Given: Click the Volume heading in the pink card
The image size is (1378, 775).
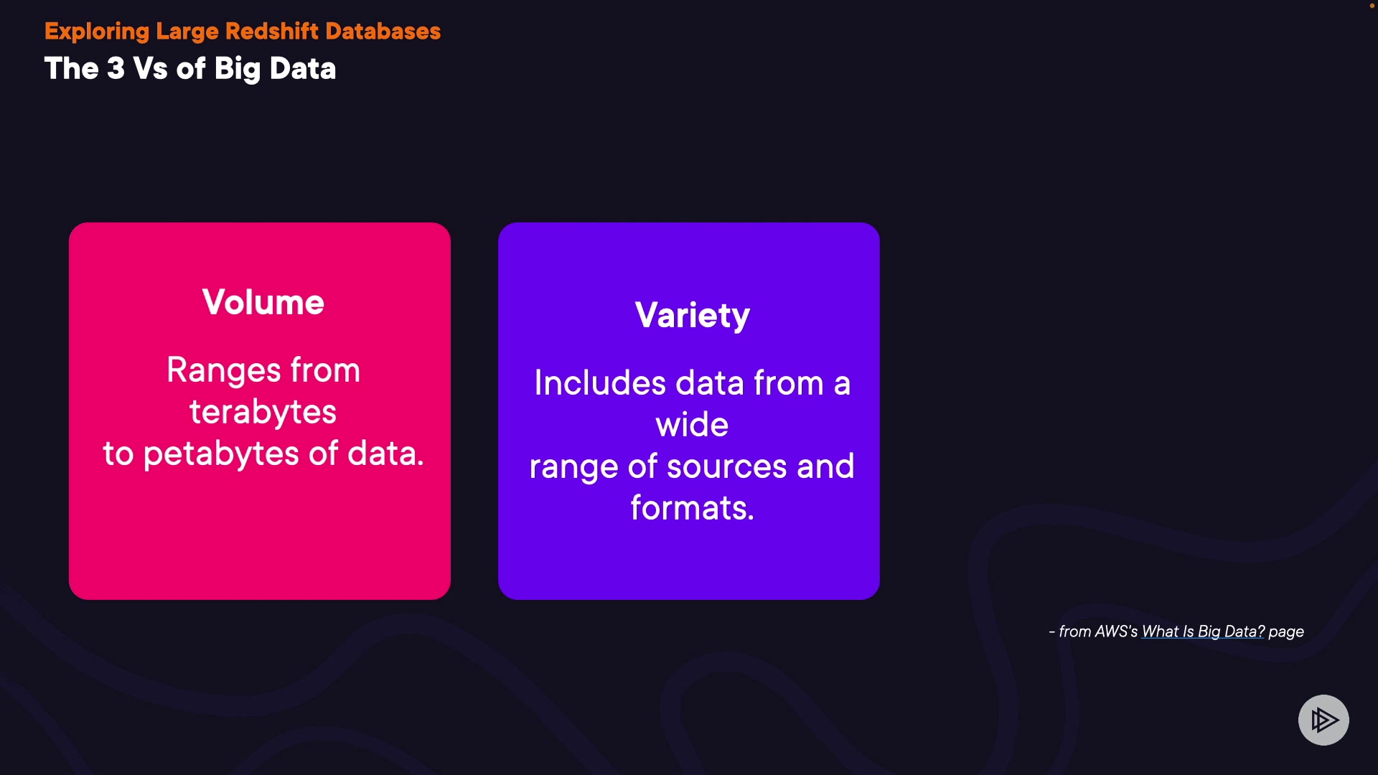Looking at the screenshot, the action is pos(263,302).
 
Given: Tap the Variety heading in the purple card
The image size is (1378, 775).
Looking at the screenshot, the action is pos(693,316).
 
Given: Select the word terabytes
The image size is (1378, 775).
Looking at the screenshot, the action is pos(263,412).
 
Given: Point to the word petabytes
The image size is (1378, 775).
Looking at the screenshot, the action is pos(221,454).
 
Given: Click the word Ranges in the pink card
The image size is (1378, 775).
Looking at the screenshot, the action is pos(224,371).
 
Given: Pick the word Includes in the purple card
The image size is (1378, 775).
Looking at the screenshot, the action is pos(600,382).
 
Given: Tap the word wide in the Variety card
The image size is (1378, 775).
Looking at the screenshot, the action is pos(692,424).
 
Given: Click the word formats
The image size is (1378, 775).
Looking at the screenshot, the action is pos(693,508).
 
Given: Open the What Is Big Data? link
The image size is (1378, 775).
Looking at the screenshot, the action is pos(1203,631).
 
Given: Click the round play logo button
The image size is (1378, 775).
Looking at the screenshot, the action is pos(1323,720).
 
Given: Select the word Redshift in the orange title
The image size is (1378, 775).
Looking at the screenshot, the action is pos(272,32).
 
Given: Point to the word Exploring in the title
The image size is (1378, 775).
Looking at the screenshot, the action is pos(97,32).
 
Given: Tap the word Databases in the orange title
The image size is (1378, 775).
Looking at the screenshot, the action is pos(383,32).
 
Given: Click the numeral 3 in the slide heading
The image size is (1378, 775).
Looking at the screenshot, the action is pos(116,69).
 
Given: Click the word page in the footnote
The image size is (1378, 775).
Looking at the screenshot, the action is pos(1286,632).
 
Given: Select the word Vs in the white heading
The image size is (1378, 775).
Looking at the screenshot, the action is pos(151,69).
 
